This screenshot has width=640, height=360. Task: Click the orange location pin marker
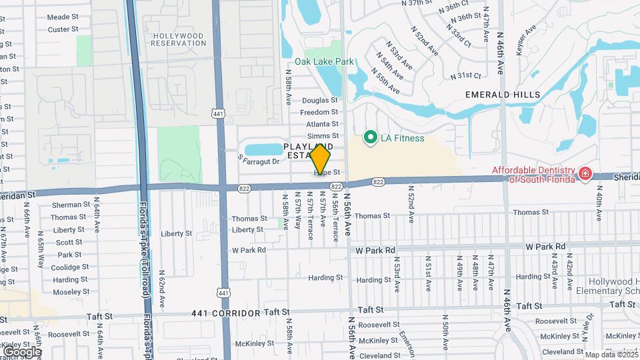click(x=321, y=159)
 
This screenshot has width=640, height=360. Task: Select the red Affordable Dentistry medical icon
click(x=585, y=174)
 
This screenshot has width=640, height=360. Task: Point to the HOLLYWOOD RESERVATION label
click(x=178, y=39)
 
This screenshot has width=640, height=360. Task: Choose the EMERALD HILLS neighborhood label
click(x=503, y=95)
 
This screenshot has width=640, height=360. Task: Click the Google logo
click(x=21, y=351)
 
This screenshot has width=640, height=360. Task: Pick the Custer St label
click(x=63, y=29)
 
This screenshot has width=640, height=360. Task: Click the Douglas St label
click(x=320, y=101)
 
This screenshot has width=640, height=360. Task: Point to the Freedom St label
click(x=319, y=112)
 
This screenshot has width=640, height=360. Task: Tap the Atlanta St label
click(x=322, y=124)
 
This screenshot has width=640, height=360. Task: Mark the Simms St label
click(x=323, y=136)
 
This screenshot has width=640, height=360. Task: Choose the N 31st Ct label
click(x=465, y=76)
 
